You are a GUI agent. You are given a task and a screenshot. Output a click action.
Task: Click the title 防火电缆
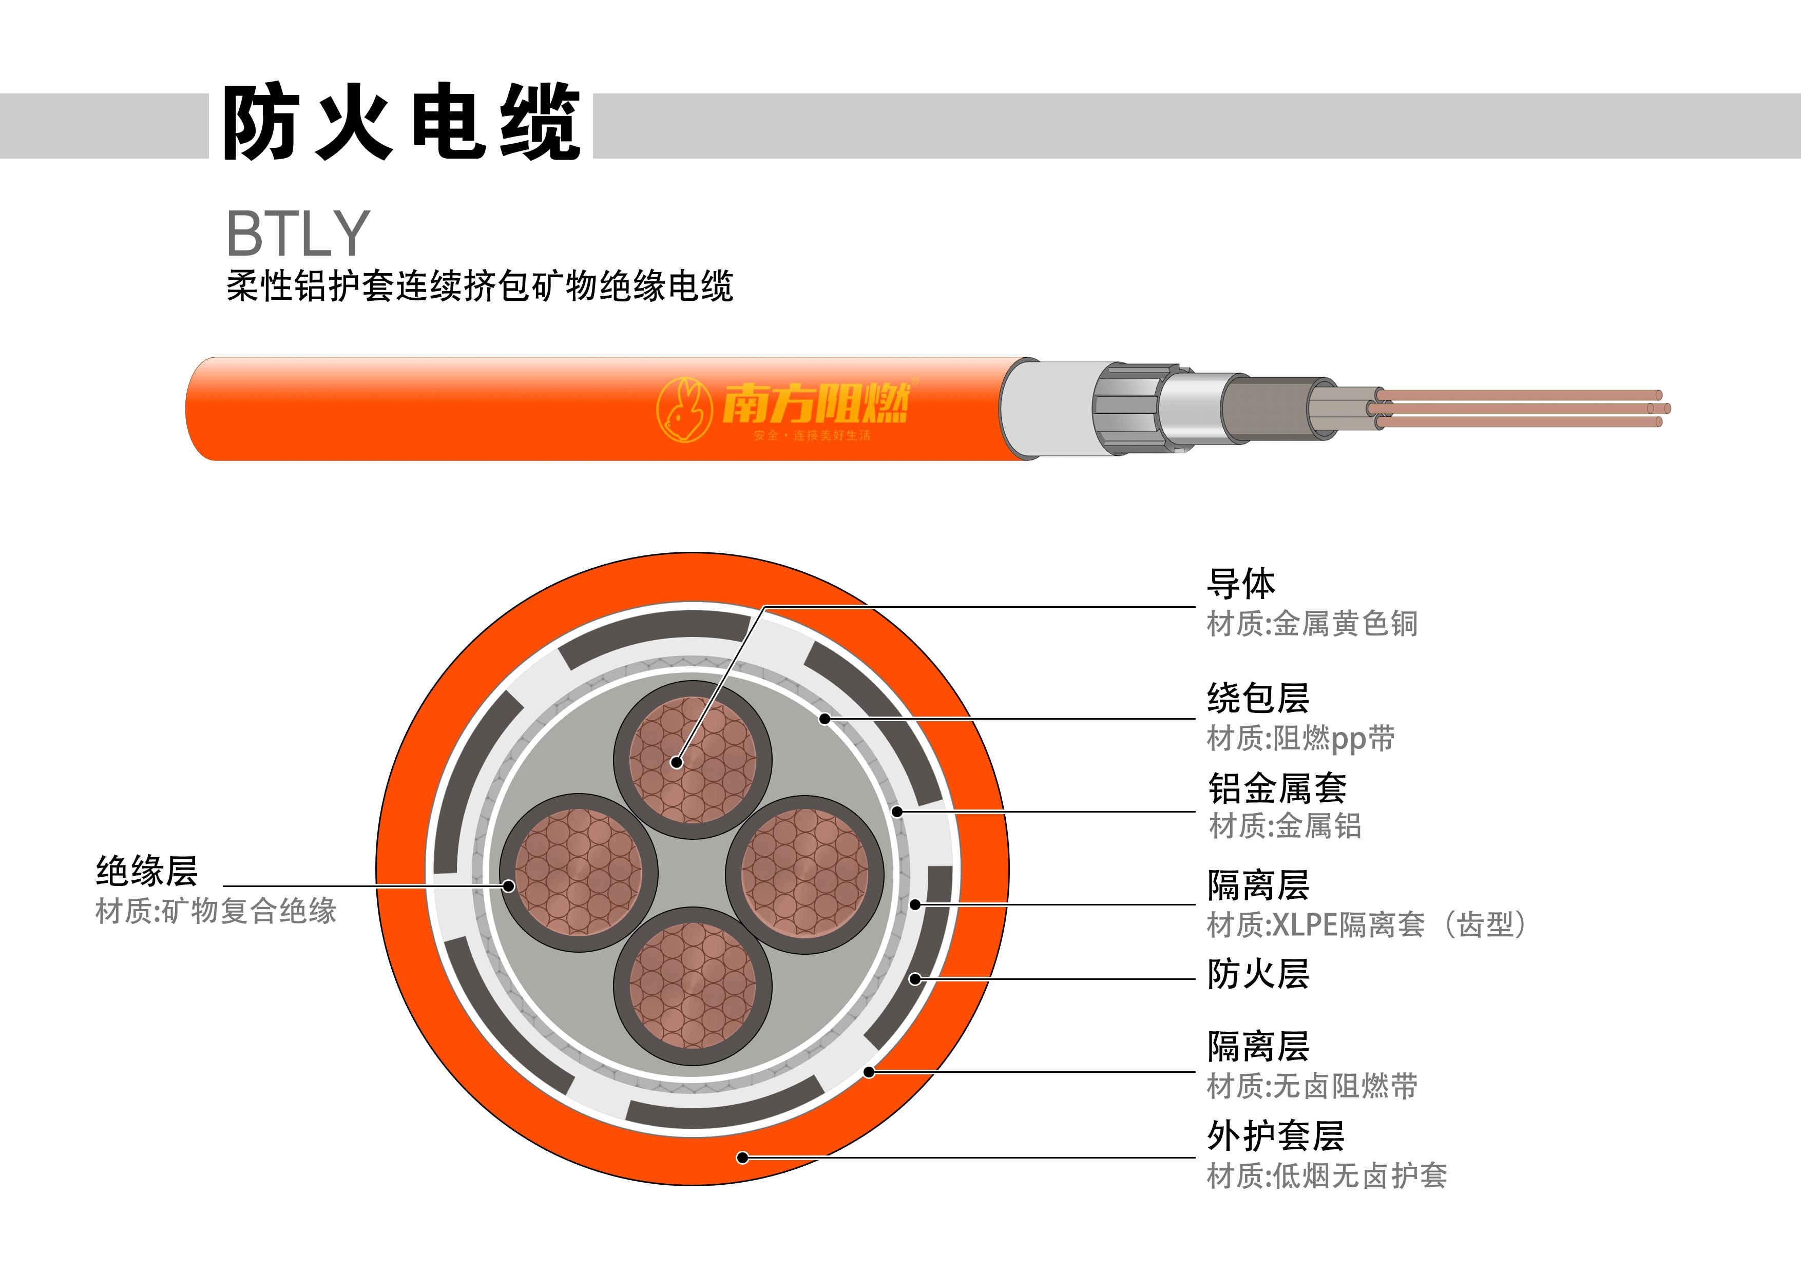pyautogui.click(x=401, y=122)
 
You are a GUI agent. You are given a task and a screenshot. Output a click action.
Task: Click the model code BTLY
pyautogui.click(x=298, y=233)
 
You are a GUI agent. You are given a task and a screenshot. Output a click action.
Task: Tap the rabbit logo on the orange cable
pyautogui.click(x=684, y=410)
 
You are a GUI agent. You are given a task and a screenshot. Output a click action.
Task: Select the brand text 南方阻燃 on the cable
pyautogui.click(x=816, y=403)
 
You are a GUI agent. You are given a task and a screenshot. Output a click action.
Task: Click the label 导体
pyautogui.click(x=1241, y=584)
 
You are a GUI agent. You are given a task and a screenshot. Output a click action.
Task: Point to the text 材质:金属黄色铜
pyautogui.click(x=1312, y=624)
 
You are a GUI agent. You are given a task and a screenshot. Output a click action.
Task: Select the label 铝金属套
pyautogui.click(x=1277, y=788)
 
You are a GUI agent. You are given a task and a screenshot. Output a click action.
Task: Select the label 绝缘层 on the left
pyautogui.click(x=147, y=871)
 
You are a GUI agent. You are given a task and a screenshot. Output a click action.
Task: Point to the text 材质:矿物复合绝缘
pyautogui.click(x=216, y=911)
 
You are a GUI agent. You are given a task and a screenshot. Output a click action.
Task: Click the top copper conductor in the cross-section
pyautogui.click(x=693, y=759)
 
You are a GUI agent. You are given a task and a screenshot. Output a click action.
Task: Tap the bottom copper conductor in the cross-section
pyautogui.click(x=693, y=986)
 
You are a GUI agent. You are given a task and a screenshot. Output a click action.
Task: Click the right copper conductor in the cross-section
pyautogui.click(x=806, y=874)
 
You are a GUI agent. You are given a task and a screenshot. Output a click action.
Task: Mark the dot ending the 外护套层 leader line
pyautogui.click(x=743, y=1157)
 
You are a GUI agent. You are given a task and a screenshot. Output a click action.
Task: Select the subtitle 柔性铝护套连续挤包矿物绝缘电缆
pyautogui.click(x=480, y=286)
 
